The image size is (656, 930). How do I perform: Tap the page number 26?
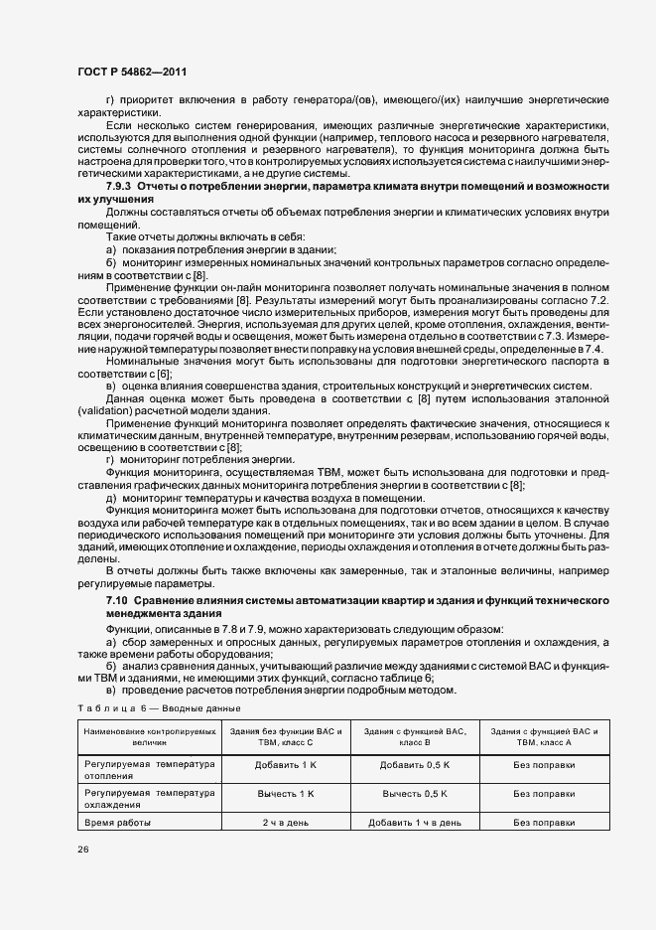(x=82, y=850)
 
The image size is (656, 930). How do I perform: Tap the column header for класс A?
(x=544, y=736)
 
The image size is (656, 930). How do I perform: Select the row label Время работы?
(x=118, y=823)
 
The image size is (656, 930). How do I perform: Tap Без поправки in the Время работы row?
(x=544, y=823)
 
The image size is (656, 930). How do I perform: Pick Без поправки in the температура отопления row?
(x=544, y=765)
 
